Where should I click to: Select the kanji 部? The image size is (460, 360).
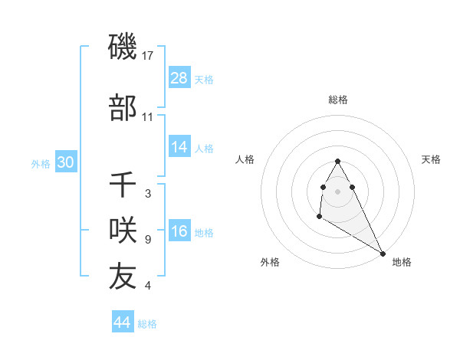click(x=123, y=109)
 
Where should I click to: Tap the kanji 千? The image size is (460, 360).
click(x=123, y=185)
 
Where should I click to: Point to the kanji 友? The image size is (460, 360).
click(x=123, y=277)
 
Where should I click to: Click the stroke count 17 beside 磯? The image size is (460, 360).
click(x=149, y=57)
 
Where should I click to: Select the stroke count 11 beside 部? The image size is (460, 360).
click(x=148, y=117)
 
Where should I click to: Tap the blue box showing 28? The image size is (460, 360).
click(x=179, y=78)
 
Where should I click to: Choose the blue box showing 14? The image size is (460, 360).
click(x=179, y=147)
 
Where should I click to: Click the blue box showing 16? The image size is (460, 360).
click(x=179, y=232)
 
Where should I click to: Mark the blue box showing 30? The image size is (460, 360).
click(x=65, y=162)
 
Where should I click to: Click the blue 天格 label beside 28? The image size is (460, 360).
click(x=204, y=80)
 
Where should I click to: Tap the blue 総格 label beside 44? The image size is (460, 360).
click(x=147, y=324)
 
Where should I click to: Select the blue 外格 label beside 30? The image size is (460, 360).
click(x=41, y=163)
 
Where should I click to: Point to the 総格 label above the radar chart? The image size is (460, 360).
click(x=337, y=100)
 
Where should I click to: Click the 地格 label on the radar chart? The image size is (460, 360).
click(x=402, y=262)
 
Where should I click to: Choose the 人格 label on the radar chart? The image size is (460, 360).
click(x=245, y=159)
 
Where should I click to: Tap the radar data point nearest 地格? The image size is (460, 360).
click(x=383, y=254)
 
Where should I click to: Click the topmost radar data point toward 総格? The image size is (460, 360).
click(x=337, y=161)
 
